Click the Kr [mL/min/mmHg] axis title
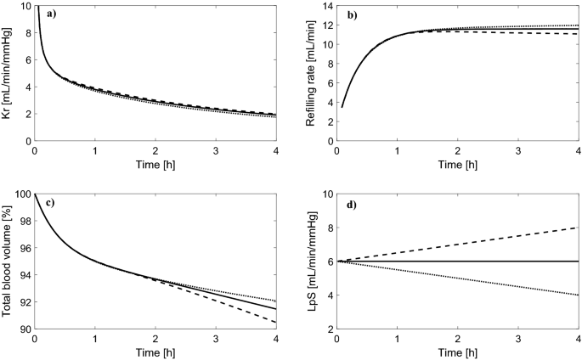click(x=8, y=73)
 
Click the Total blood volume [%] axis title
click(x=8, y=262)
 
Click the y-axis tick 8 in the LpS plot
click(x=326, y=228)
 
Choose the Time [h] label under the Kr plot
click(x=156, y=163)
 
